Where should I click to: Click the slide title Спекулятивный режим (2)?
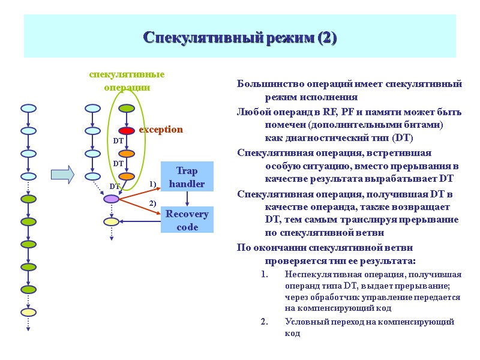239,38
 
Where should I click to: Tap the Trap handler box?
187,177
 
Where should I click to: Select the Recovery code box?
187,220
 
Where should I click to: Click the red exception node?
127,131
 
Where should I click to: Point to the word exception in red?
161,130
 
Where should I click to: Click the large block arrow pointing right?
62,175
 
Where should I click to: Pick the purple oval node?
112,199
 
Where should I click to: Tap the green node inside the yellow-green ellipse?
127,109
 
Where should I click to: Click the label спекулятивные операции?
127,80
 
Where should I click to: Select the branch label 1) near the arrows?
152,184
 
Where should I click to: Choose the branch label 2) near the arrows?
152,204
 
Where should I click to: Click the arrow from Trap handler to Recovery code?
187,199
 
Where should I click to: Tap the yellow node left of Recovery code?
112,221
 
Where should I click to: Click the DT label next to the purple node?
115,187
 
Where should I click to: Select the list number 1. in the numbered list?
265,275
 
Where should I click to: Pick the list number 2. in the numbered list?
265,322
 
